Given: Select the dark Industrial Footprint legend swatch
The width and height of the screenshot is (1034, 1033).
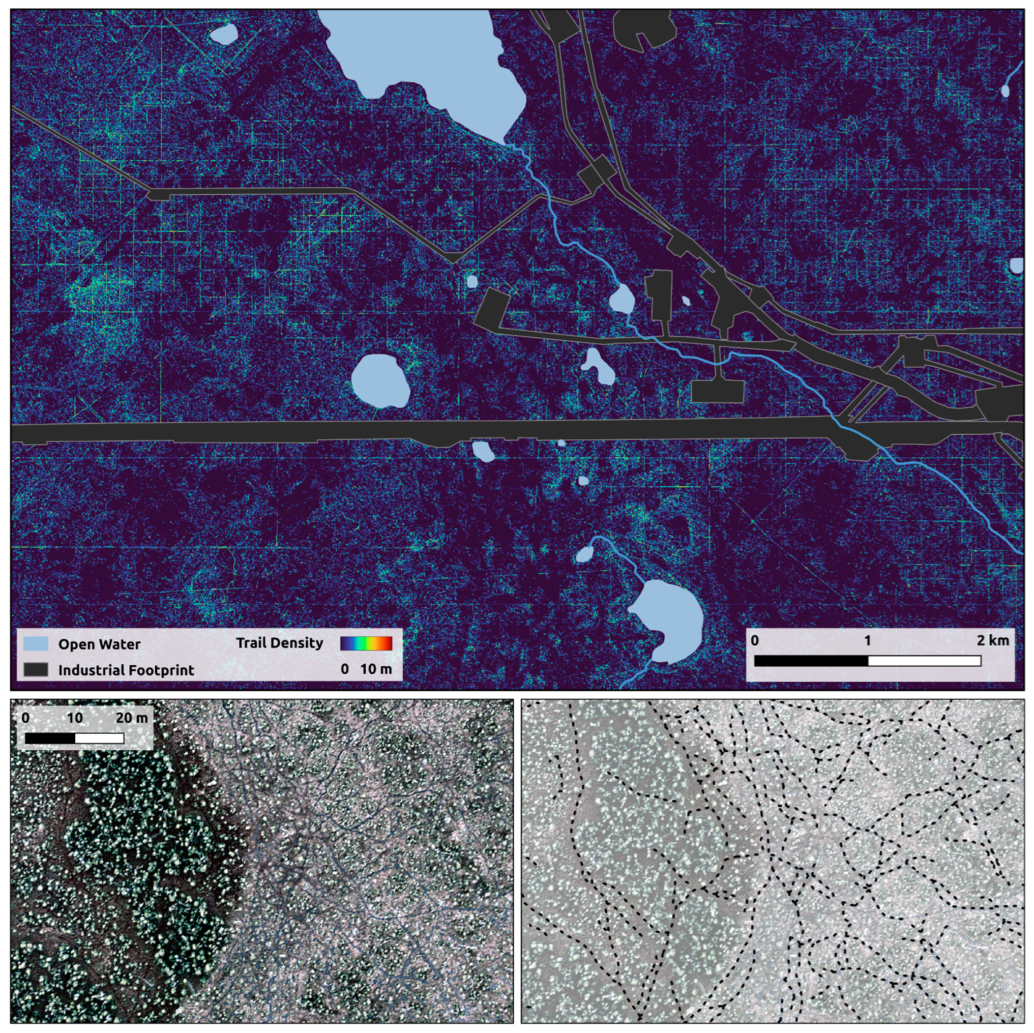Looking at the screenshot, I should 36,670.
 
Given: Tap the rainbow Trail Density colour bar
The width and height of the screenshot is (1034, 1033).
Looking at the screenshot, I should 366,643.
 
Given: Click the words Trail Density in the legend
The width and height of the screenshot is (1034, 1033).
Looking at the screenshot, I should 279,643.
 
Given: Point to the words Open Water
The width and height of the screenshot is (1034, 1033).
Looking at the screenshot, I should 99,644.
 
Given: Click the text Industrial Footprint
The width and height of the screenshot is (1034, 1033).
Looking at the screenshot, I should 126,670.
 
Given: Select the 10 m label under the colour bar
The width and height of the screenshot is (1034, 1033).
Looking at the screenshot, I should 376,669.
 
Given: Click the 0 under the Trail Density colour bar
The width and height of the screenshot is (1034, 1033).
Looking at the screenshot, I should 345,669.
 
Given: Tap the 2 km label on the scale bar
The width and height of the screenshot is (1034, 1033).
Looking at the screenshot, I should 992,640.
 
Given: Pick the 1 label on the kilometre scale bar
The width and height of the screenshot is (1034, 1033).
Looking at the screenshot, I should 867,640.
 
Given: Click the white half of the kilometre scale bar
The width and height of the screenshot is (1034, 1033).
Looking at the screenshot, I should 924,661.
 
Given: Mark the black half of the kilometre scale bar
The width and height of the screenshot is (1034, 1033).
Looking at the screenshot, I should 811,661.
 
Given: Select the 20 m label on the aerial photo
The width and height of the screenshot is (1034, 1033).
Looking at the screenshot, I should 132,717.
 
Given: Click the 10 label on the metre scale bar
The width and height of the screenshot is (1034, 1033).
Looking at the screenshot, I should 75,717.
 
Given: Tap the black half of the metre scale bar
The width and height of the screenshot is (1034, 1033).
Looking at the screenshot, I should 50,738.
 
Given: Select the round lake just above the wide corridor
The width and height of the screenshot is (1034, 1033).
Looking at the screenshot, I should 380,381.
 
